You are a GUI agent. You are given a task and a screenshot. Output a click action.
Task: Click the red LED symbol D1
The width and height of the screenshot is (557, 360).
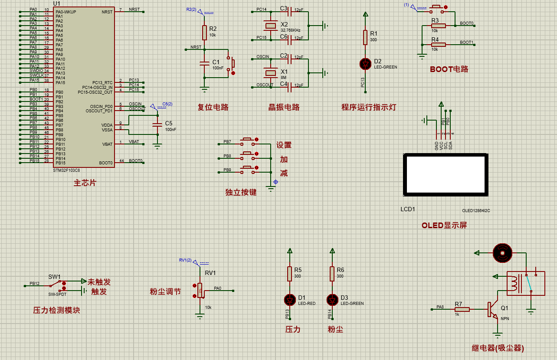pyautogui.click(x=289, y=299)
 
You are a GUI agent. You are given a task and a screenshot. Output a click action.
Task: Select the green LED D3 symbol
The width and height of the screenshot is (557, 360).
pyautogui.click(x=332, y=299)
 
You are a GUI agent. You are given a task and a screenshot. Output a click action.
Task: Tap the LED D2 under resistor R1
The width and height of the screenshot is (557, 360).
pyautogui.click(x=365, y=64)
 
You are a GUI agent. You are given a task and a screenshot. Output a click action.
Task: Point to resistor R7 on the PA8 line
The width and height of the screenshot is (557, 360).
pyautogui.click(x=462, y=309)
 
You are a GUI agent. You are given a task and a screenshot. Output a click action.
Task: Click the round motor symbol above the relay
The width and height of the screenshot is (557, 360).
pyautogui.click(x=502, y=253)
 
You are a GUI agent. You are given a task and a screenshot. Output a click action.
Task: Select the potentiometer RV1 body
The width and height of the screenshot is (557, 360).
pyautogui.click(x=200, y=290)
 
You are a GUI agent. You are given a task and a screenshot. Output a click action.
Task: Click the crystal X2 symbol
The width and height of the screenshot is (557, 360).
pyautogui.click(x=271, y=26)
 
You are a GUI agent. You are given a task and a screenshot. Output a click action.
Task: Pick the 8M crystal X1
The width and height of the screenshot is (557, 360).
pyautogui.click(x=271, y=72)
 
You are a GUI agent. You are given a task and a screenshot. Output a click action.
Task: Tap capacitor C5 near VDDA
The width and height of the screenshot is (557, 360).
pyautogui.click(x=157, y=125)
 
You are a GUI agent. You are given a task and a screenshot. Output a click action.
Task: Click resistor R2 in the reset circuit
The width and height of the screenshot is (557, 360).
pyautogui.click(x=204, y=32)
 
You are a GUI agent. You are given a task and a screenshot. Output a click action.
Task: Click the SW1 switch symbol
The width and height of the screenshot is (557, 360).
pyautogui.click(x=56, y=285)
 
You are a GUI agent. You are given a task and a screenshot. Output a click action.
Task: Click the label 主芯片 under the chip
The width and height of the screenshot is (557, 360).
pyautogui.click(x=85, y=183)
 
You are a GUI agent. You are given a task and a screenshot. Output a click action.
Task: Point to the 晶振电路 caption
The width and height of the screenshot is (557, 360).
pyautogui.click(x=284, y=107)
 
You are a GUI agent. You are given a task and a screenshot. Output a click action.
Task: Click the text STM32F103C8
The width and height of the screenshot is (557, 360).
pyautogui.click(x=67, y=170)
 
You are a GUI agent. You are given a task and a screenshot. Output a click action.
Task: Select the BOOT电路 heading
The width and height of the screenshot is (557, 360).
pyautogui.click(x=449, y=69)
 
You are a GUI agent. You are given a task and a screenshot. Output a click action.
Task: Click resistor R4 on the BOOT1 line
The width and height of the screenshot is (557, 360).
pyautogui.click(x=438, y=44)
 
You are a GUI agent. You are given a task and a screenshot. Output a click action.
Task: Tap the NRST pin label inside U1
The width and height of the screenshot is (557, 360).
pyautogui.click(x=107, y=12)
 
